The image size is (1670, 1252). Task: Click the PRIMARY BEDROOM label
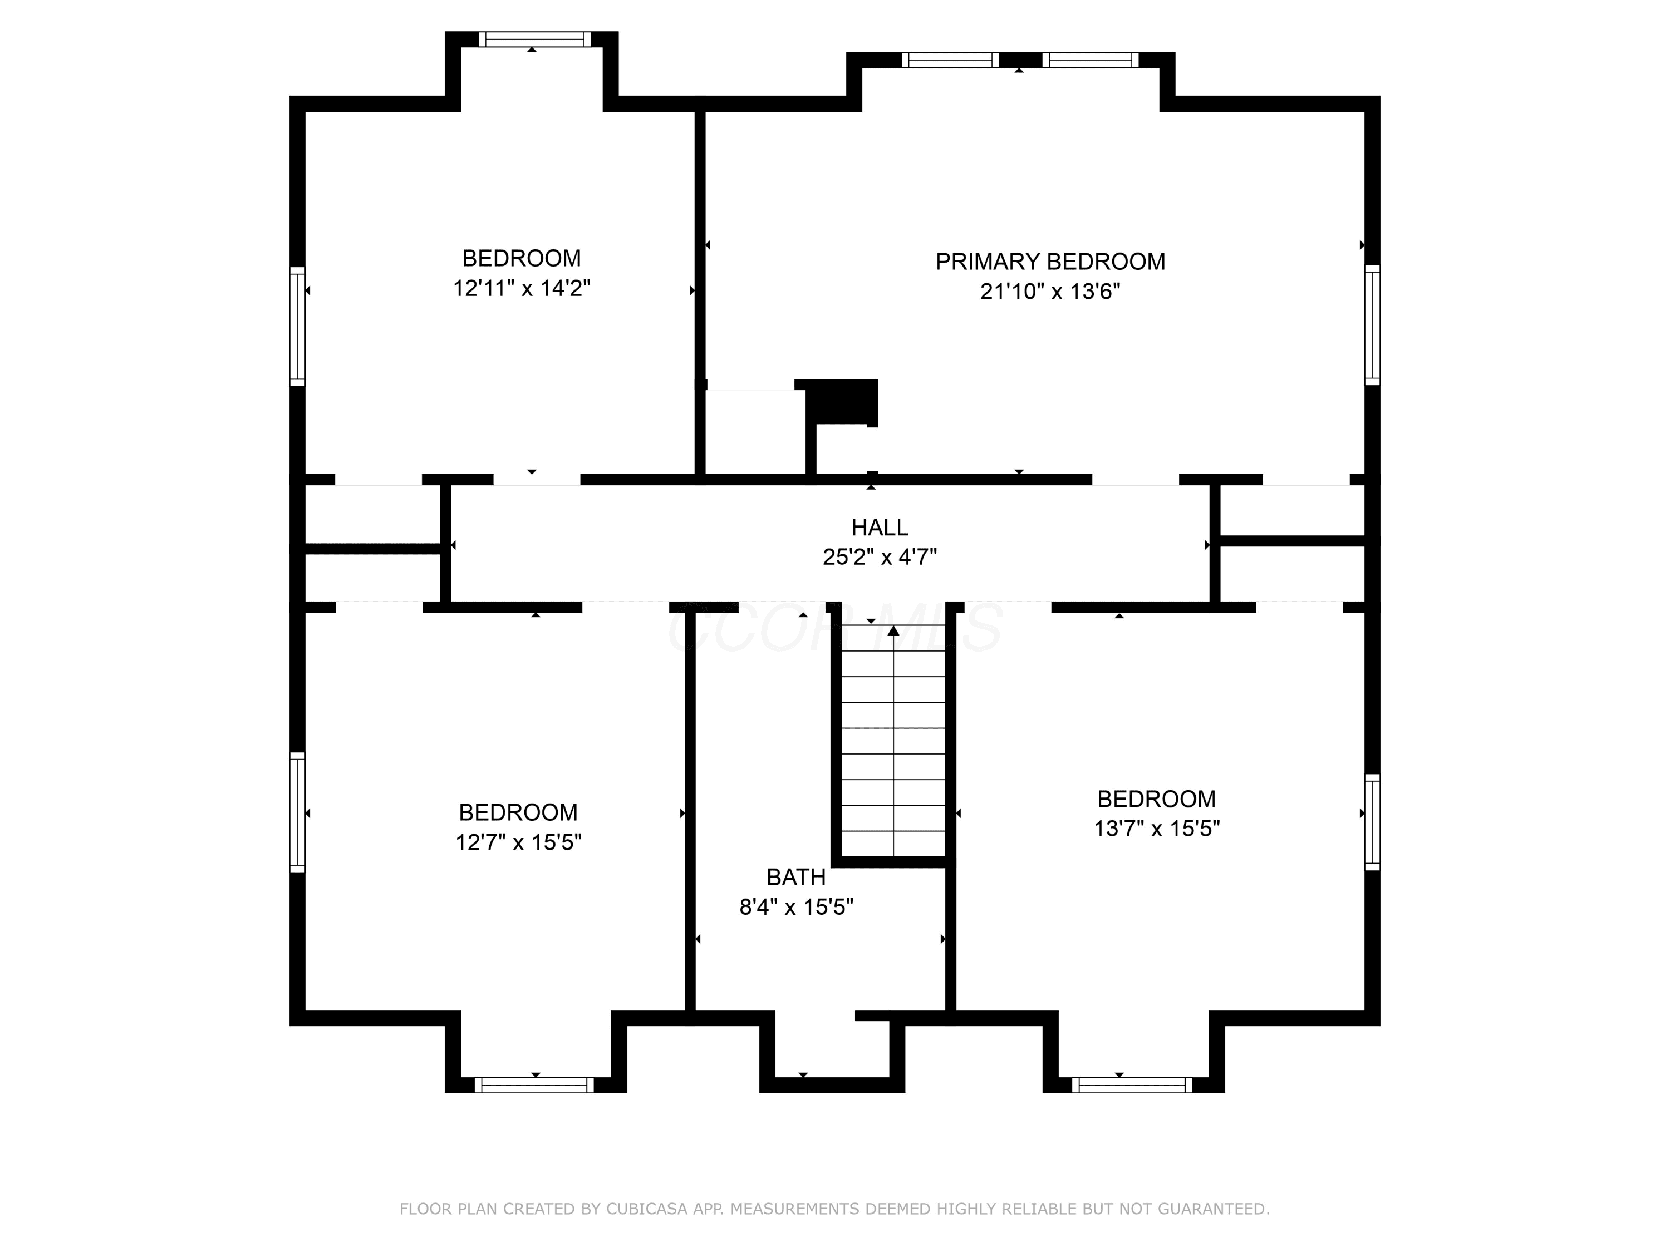(1050, 261)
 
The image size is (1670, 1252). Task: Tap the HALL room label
(880, 527)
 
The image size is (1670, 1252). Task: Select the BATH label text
(795, 877)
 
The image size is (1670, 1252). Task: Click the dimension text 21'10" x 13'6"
(1050, 292)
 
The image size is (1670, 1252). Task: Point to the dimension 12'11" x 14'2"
(522, 288)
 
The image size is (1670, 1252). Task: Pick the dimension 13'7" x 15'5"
(1157, 829)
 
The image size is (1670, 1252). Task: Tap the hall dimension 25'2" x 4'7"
(880, 557)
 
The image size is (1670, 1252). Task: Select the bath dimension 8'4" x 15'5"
(795, 906)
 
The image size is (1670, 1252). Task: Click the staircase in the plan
(893, 740)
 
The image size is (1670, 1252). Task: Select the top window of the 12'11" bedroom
(534, 40)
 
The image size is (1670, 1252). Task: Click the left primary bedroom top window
(951, 60)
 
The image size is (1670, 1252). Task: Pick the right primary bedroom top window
(1090, 60)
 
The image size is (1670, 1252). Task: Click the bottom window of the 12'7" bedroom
(534, 1085)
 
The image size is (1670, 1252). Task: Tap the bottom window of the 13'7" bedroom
(1132, 1085)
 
